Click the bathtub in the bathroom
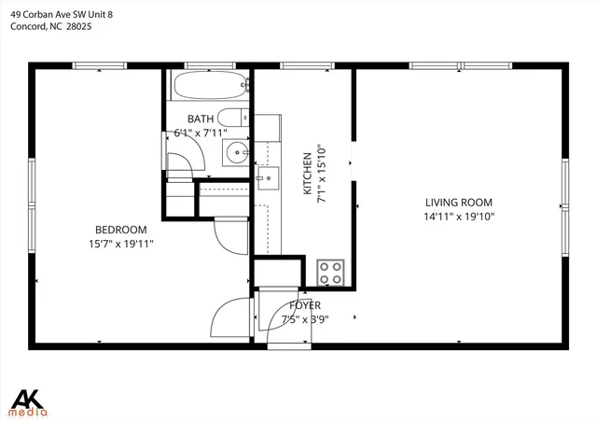(209, 87)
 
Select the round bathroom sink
(237, 153)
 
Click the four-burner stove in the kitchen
(330, 272)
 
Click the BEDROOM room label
(121, 230)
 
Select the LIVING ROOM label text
(458, 203)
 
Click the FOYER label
(305, 305)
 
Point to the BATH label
(201, 119)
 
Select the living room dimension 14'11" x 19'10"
(458, 217)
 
